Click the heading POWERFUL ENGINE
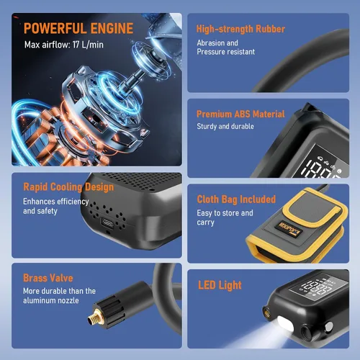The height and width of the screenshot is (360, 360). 78,29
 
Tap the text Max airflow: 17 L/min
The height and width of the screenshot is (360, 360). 64,45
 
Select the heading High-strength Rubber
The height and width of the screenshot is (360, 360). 240,29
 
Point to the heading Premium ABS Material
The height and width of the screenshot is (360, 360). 240,114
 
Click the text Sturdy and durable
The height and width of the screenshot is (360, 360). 225,126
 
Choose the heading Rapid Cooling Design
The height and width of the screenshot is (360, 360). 68,187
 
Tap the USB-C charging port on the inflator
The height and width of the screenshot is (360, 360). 107,223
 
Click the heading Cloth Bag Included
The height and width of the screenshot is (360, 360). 236,199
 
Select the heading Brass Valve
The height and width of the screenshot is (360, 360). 48,278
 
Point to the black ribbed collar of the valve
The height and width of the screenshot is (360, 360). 114,311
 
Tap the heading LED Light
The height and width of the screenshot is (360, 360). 220,285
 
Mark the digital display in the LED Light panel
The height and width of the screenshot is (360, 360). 318,287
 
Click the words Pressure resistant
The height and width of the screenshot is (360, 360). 226,52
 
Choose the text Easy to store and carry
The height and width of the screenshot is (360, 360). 225,217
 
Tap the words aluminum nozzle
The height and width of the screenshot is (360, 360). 51,300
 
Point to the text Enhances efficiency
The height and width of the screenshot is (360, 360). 56,202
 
